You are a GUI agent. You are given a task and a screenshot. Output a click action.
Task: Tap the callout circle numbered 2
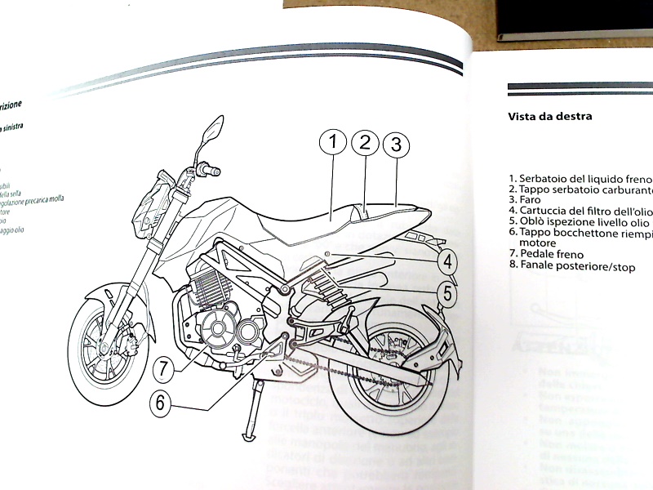coord(366,143)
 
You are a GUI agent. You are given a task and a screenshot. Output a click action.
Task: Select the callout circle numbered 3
coord(396,145)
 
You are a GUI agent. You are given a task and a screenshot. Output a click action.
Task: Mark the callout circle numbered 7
coord(164,368)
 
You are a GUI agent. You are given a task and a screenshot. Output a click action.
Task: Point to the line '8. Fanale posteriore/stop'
coord(571,267)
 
